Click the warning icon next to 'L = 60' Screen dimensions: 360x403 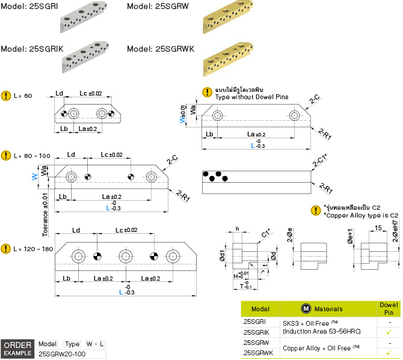(6, 96)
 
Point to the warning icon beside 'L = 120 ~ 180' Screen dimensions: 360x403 (6, 248)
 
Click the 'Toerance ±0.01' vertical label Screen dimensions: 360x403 (46, 213)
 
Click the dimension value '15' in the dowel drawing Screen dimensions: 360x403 (377, 228)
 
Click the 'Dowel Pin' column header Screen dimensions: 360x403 (389, 309)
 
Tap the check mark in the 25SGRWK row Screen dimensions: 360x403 (389, 353)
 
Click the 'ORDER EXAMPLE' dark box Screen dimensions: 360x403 (17, 349)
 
